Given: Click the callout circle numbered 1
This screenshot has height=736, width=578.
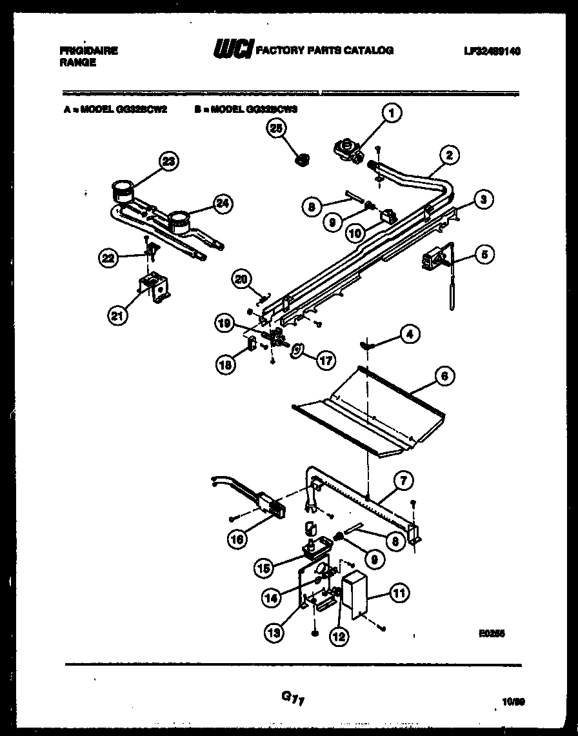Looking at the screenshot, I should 390,114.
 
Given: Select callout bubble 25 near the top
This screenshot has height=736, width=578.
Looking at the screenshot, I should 277,129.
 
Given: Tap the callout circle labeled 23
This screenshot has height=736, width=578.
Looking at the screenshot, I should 168,162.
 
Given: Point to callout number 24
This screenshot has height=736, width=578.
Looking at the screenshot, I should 221,204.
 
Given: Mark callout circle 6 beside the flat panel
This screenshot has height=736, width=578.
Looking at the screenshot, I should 446,376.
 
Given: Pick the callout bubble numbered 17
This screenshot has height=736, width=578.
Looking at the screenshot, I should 326,361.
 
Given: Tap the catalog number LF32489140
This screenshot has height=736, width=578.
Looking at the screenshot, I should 491,51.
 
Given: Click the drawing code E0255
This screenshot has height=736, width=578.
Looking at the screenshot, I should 492,634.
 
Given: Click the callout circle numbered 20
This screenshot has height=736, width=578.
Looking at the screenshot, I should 241,279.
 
